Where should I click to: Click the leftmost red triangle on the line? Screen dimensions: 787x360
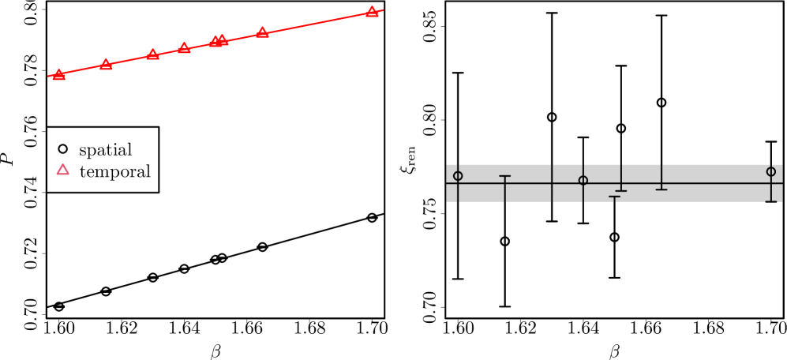(x=59, y=75)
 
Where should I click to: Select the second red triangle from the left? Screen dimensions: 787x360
(x=106, y=65)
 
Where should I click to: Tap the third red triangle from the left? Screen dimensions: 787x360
(x=152, y=54)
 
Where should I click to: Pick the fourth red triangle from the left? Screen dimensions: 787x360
(x=184, y=48)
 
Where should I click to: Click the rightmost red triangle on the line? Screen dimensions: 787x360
(x=372, y=12)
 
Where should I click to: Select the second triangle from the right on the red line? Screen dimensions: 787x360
(x=262, y=33)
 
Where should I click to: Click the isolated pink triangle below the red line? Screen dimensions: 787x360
(x=63, y=170)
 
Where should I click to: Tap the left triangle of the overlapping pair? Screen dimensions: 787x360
(x=215, y=42)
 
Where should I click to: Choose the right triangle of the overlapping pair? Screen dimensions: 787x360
(x=222, y=40)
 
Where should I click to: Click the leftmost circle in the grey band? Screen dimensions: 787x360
(x=458, y=176)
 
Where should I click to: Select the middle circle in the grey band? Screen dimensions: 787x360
(x=583, y=180)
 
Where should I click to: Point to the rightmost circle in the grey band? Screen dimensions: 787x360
(x=771, y=171)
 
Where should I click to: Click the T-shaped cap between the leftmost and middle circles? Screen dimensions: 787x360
(x=505, y=176)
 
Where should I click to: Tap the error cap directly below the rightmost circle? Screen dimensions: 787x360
(x=771, y=201)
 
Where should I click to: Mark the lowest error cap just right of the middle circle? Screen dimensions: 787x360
(x=614, y=197)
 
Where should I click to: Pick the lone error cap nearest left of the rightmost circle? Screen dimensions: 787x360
(x=661, y=189)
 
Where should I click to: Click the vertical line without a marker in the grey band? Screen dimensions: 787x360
(x=552, y=182)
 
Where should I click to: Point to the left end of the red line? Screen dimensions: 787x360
(x=48, y=77)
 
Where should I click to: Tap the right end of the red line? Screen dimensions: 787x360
(x=383, y=10)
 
